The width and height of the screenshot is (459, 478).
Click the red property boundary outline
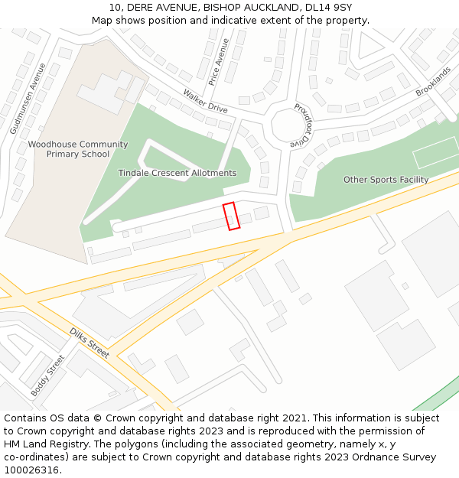tap(231, 216)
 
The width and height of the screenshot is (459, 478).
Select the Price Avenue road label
tap(219, 61)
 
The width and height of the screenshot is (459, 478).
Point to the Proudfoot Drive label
tap(301, 125)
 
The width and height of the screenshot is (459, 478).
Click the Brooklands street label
tap(433, 81)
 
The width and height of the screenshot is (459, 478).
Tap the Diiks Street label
tap(90, 343)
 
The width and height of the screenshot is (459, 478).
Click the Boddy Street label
tap(48, 375)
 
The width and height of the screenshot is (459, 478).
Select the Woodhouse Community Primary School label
tap(78, 149)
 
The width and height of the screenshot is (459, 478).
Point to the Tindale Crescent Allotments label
tap(177, 173)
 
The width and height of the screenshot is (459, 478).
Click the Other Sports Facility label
tap(386, 180)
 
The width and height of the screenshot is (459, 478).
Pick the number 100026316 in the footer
tap(31, 470)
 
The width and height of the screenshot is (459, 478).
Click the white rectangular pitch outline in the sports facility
tap(435, 153)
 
